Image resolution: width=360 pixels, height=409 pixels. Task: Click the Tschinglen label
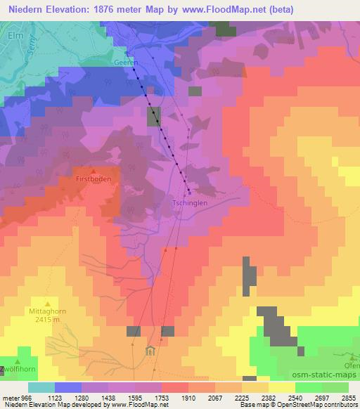(188, 203)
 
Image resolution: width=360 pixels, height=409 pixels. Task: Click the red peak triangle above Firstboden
(92, 170)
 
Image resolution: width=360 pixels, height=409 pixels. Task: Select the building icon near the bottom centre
(149, 351)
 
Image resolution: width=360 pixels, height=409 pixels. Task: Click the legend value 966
(19, 397)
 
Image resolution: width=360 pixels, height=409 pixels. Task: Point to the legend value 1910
(169, 397)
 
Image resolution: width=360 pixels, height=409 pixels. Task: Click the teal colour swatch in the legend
(41, 387)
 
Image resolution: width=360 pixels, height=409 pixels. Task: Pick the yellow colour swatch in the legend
(281, 387)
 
